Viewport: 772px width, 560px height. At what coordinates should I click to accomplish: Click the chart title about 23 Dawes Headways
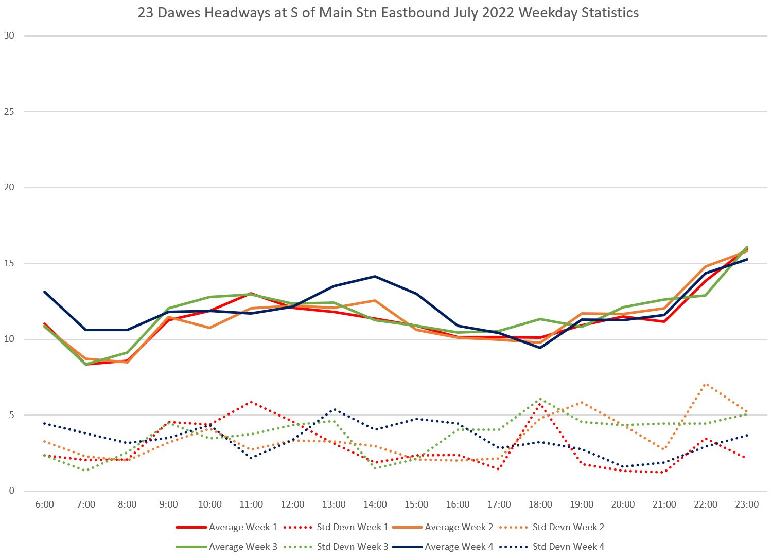click(x=388, y=13)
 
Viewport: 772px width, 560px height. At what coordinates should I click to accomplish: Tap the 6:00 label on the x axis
click(x=45, y=504)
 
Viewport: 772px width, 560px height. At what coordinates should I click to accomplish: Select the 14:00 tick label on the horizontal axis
click(x=375, y=504)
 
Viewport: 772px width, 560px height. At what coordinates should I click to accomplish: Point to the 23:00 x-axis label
click(x=747, y=504)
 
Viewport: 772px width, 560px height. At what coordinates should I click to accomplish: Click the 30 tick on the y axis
click(x=9, y=35)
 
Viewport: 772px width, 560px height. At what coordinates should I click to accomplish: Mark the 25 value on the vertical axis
click(x=9, y=112)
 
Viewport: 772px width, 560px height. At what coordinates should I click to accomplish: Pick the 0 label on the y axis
click(x=12, y=491)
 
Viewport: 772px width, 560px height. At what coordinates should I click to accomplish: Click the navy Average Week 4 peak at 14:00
click(x=375, y=276)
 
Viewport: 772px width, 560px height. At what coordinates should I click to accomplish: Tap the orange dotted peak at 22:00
click(x=706, y=384)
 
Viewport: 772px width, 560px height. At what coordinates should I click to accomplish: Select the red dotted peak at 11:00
click(x=251, y=402)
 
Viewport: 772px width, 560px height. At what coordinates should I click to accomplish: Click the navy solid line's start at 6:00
click(x=45, y=292)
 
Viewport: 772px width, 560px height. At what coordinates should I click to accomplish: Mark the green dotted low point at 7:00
click(x=86, y=470)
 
